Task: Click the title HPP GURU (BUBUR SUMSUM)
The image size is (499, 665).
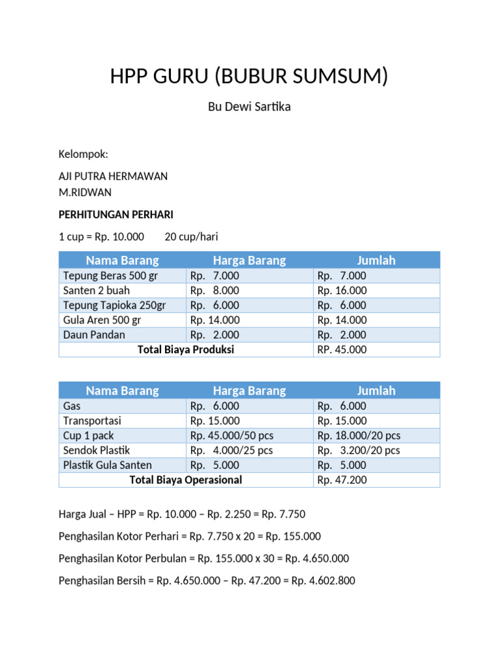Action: pos(249,76)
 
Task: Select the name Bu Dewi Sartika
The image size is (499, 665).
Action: pos(249,107)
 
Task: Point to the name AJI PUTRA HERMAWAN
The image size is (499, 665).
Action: pos(113,176)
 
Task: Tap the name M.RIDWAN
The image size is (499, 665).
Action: pos(85,192)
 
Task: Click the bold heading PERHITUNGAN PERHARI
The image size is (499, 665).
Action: pos(116,214)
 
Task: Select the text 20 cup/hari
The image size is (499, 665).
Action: pos(196,236)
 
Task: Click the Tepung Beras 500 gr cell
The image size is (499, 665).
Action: pos(110,275)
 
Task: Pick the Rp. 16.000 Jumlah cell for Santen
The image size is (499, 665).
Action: pos(342,290)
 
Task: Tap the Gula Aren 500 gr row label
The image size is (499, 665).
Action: pos(102,320)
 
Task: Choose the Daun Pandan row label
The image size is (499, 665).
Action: pos(94,334)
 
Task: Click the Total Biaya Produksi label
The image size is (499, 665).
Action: pos(186,349)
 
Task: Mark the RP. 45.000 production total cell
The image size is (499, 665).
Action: pos(342,349)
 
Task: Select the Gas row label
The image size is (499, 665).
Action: pos(72,406)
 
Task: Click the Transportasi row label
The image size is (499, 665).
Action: pos(92,420)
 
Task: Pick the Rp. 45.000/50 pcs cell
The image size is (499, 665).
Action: pos(231,435)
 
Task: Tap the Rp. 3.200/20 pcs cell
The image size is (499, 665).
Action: pos(359,450)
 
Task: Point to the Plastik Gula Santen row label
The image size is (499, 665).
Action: pos(107,465)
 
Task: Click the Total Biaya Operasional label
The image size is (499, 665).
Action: pos(186,480)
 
